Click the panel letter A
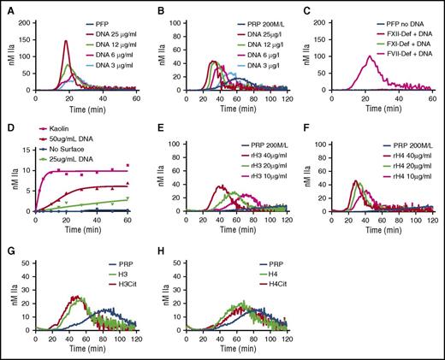click(x=6, y=7)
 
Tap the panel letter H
click(x=157, y=250)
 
